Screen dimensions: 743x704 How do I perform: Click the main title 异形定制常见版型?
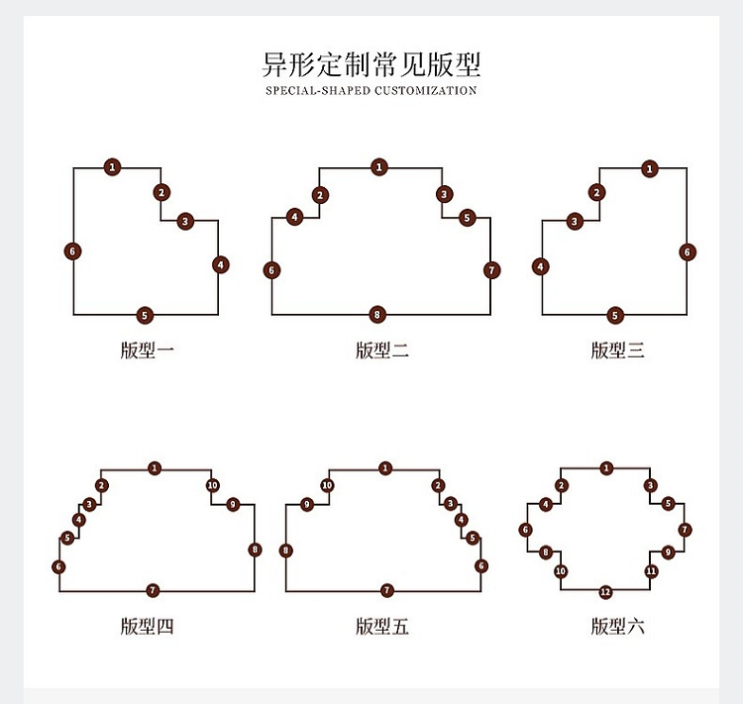click(371, 64)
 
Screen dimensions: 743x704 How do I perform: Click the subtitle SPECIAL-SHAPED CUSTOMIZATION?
click(371, 90)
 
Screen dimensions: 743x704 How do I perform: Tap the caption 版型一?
click(148, 351)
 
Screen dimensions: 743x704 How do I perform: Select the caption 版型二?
click(382, 351)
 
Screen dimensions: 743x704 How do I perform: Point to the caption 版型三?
click(617, 351)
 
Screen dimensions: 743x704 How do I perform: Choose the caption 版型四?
click(148, 626)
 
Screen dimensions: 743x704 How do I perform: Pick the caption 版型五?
click(382, 626)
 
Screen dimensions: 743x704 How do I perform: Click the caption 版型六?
click(617, 626)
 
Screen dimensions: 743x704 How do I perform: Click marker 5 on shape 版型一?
click(145, 315)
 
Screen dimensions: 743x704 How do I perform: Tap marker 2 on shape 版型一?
click(161, 193)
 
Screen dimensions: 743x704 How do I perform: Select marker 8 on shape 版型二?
click(377, 315)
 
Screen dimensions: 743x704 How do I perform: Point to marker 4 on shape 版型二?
click(295, 218)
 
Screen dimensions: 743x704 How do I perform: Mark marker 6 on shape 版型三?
click(688, 252)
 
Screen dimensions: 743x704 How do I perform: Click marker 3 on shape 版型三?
click(575, 221)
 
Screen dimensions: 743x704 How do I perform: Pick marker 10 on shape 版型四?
click(213, 485)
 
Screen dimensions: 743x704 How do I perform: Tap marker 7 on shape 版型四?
click(153, 590)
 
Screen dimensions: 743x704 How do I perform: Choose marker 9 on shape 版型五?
click(307, 505)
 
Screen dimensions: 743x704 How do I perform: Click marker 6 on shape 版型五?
click(481, 565)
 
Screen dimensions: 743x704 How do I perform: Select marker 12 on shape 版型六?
click(605, 592)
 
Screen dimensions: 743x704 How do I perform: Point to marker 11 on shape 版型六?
click(651, 571)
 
